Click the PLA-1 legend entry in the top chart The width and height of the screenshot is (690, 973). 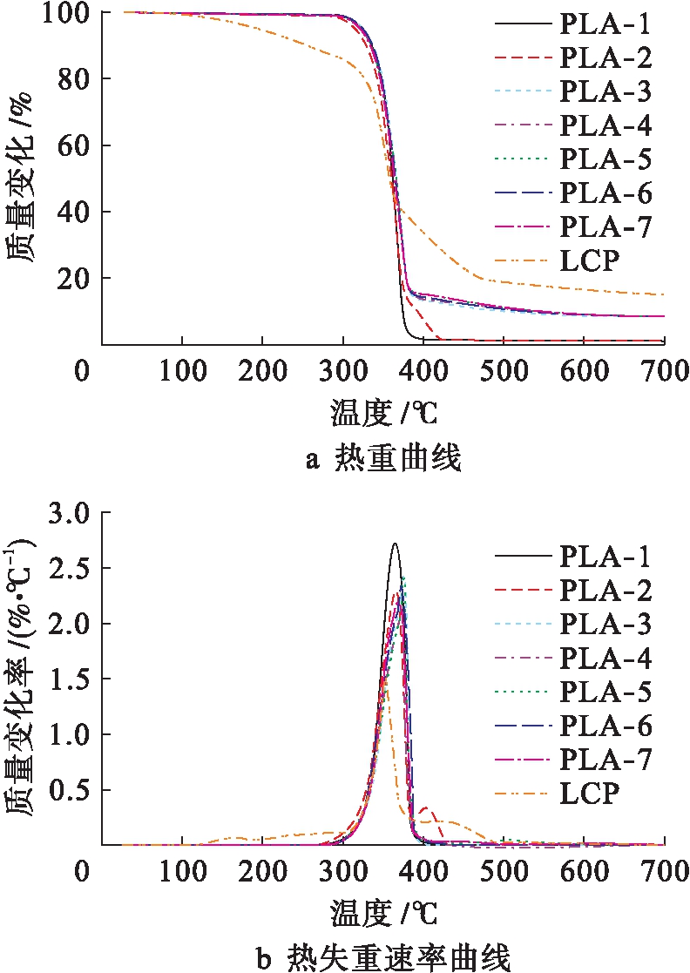point(605,24)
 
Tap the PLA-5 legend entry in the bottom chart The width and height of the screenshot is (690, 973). point(605,692)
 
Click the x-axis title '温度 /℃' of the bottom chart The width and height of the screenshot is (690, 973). point(383,913)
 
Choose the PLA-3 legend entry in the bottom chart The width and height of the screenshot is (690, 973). point(605,624)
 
